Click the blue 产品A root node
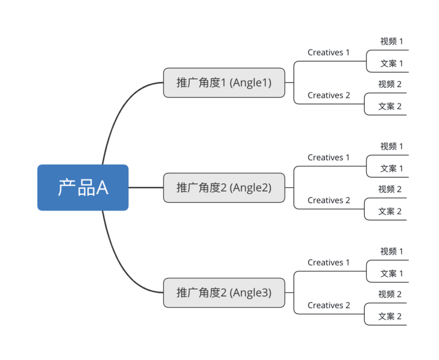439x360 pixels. point(83,188)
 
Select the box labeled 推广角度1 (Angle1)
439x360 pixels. point(224,83)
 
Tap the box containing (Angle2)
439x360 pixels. point(224,188)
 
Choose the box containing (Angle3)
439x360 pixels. point(224,292)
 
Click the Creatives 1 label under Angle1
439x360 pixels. point(328,53)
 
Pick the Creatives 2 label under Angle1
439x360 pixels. point(328,95)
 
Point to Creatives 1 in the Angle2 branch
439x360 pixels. point(328,157)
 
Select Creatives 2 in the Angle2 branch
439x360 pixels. point(328,200)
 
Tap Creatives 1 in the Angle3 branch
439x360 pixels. point(328,263)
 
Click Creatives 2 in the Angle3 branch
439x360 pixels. point(328,306)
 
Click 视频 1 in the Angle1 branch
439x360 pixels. point(391,41)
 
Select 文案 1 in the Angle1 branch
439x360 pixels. point(391,64)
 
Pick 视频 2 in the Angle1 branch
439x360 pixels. point(390,84)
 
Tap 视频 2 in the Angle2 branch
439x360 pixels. point(390,189)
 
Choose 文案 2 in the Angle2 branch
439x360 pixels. point(390,211)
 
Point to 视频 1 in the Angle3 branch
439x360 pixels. point(391,251)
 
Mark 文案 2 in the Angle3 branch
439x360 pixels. point(390,316)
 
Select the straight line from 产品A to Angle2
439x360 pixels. point(145,188)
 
